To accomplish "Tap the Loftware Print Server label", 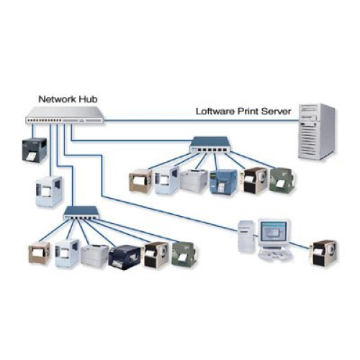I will (243, 112).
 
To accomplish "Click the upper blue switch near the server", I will (209, 148).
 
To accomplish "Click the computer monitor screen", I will (274, 233).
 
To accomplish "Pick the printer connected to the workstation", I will (324, 252).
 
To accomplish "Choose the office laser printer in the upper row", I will (194, 182).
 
